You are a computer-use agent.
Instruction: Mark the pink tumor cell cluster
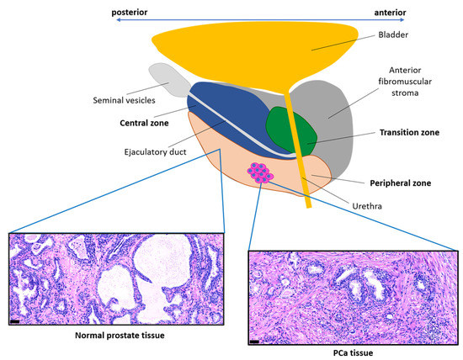pyautogui.click(x=259, y=173)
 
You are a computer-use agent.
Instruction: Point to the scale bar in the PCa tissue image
pyautogui.click(x=254, y=340)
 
